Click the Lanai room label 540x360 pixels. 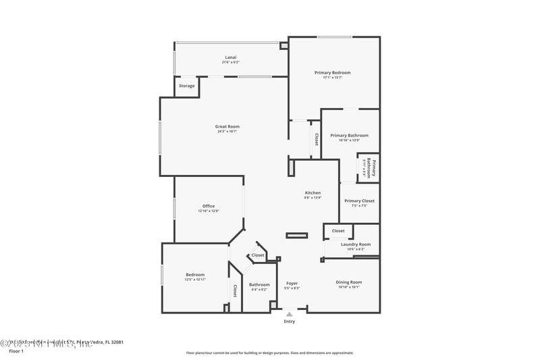click(231, 57)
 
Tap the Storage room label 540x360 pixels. click(187, 86)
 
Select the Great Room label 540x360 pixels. click(227, 126)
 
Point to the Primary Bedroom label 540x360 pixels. click(332, 72)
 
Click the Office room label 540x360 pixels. click(209, 206)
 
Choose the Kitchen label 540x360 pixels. click(313, 193)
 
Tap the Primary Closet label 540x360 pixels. click(359, 201)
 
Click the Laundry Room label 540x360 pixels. click(356, 245)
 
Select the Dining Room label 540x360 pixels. click(349, 282)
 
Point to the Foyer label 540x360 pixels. click(292, 284)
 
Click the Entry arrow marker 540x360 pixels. click(290, 314)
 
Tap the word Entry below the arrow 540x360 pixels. click(290, 322)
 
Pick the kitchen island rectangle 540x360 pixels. click(297, 236)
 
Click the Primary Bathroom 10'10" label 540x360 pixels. click(349, 135)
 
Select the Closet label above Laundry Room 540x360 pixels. click(338, 231)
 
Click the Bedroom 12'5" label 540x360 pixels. click(195, 274)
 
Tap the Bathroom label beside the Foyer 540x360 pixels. click(259, 284)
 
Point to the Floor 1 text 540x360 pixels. click(16, 351)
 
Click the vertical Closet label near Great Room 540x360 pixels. click(315, 139)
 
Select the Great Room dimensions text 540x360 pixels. click(227, 131)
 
